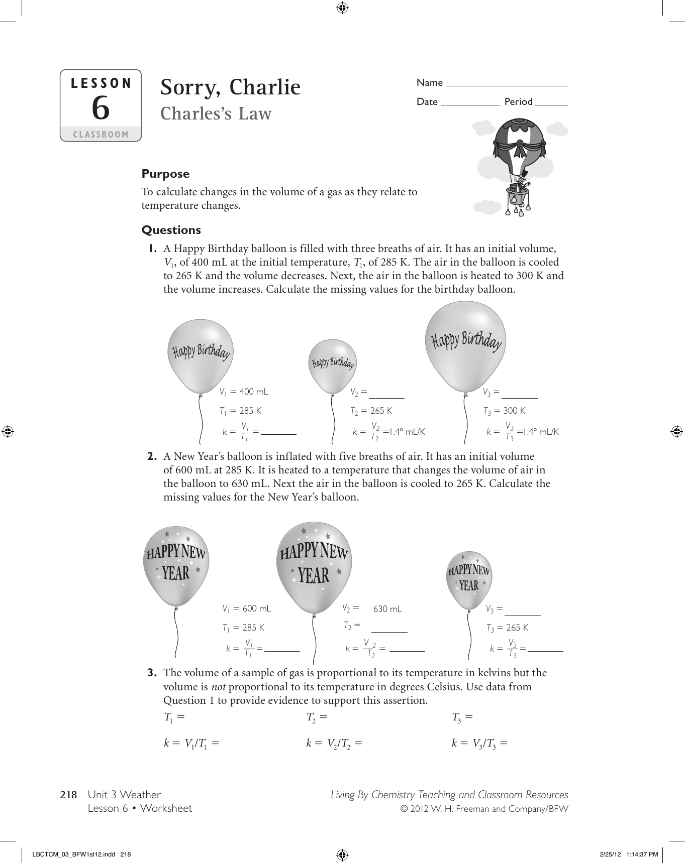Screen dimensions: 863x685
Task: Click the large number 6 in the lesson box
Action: coord(101,108)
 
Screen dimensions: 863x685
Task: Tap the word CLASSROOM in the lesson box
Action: coord(101,135)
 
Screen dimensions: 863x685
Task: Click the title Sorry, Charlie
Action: coord(230,87)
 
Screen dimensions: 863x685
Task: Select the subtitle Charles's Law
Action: coord(216,114)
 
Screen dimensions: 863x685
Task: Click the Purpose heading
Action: coord(165,174)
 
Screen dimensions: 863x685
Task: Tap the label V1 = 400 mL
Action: coord(244,392)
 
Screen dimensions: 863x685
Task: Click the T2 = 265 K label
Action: coord(371,411)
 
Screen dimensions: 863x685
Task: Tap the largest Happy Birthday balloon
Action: coord(465,346)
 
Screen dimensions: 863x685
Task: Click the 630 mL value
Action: coord(387,609)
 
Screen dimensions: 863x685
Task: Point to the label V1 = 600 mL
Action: coord(247,608)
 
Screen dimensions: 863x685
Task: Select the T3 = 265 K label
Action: coord(507,628)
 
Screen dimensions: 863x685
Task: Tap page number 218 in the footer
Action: coord(68,795)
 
